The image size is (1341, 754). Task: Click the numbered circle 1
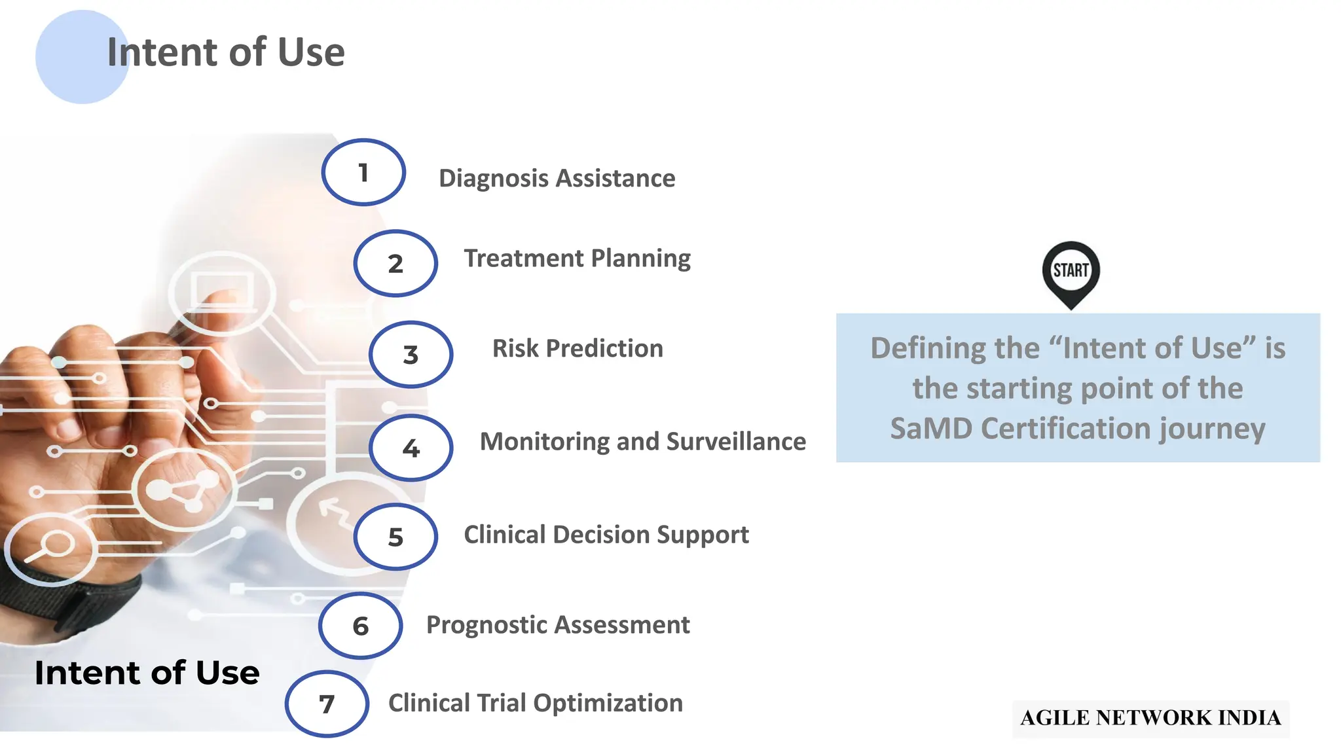[x=363, y=173]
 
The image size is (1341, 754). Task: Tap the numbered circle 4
[x=411, y=448]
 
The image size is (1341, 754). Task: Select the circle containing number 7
[x=327, y=704]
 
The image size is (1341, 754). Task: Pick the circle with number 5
[x=395, y=537]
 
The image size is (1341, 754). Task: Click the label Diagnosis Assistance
[x=557, y=178]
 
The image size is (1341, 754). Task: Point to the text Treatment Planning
[x=577, y=259]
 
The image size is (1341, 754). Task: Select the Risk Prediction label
[x=578, y=348]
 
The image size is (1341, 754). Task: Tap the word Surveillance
[x=735, y=442]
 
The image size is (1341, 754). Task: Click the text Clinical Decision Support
[x=606, y=535]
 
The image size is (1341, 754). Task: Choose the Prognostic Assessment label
[x=558, y=625]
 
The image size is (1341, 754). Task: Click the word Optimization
[x=608, y=703]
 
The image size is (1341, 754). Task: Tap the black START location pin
[x=1071, y=272]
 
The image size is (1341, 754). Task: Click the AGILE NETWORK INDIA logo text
[x=1150, y=718]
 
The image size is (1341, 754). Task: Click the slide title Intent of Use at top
[x=226, y=52]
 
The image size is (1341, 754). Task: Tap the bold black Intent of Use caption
[x=147, y=673]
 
